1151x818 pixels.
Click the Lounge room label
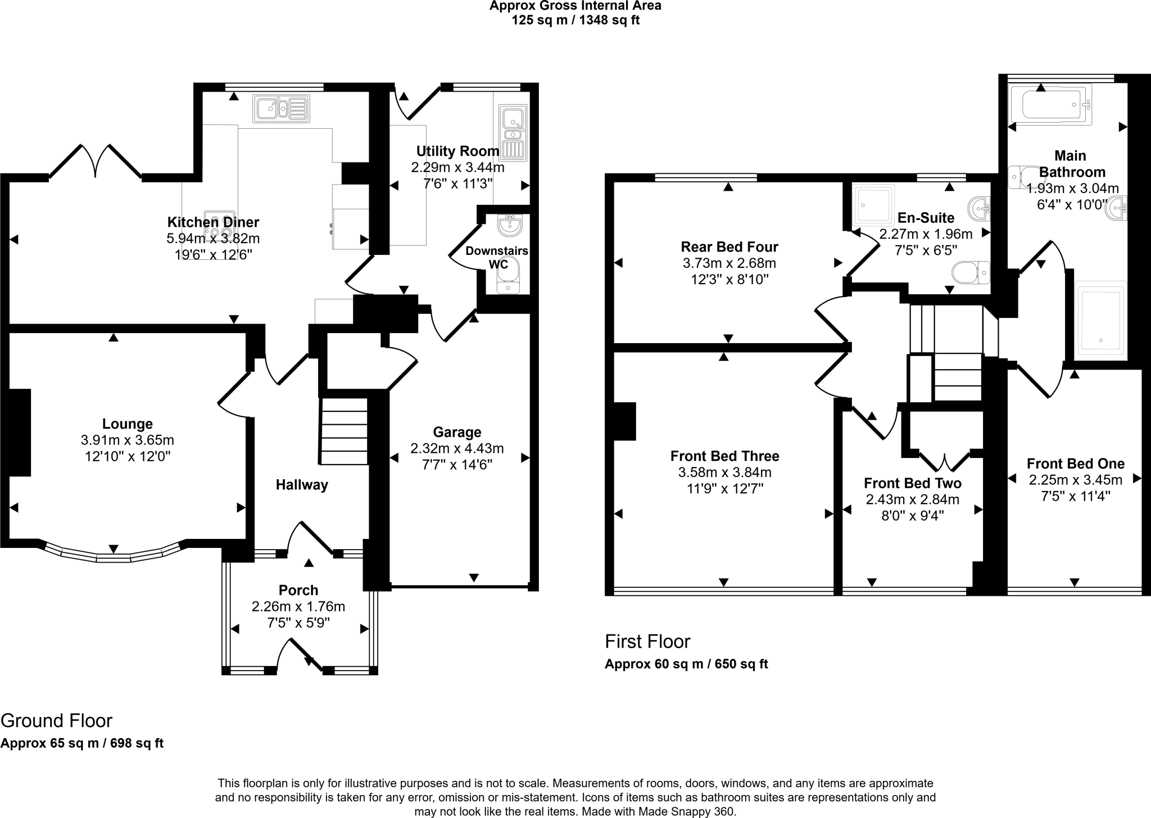click(128, 424)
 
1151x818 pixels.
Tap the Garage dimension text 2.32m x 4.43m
click(457, 448)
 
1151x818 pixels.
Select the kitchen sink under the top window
click(281, 109)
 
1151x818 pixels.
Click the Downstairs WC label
click(497, 257)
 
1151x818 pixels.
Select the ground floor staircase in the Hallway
click(344, 431)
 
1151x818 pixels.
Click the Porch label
click(298, 590)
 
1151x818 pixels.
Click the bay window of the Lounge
click(114, 556)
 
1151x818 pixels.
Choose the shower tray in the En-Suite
click(873, 205)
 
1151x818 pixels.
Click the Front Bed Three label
click(724, 456)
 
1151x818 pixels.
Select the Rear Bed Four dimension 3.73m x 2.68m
click(729, 263)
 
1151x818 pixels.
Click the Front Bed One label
click(1075, 464)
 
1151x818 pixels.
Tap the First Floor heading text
click(647, 641)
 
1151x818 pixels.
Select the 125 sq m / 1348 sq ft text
click(575, 20)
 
